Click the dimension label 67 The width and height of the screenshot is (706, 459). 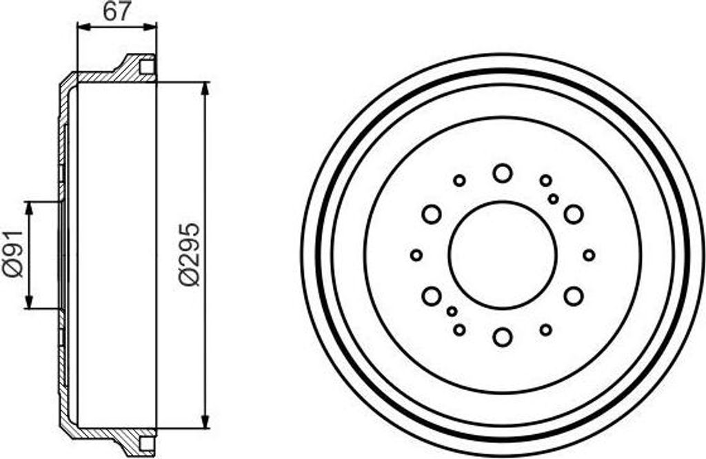(117, 12)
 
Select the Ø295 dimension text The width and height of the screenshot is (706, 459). (190, 254)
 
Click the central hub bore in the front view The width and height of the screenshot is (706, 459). (503, 255)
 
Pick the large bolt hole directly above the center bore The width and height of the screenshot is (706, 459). (503, 172)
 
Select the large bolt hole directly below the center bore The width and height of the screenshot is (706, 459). (503, 337)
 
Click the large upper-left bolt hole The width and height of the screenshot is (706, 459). (432, 214)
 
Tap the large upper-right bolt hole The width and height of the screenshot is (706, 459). (574, 214)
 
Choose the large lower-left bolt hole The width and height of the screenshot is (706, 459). (432, 296)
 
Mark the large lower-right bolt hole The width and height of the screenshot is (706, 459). (574, 296)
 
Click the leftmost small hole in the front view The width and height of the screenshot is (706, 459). (416, 255)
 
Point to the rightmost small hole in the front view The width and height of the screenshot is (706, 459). (589, 255)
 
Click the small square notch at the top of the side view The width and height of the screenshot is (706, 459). (147, 67)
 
